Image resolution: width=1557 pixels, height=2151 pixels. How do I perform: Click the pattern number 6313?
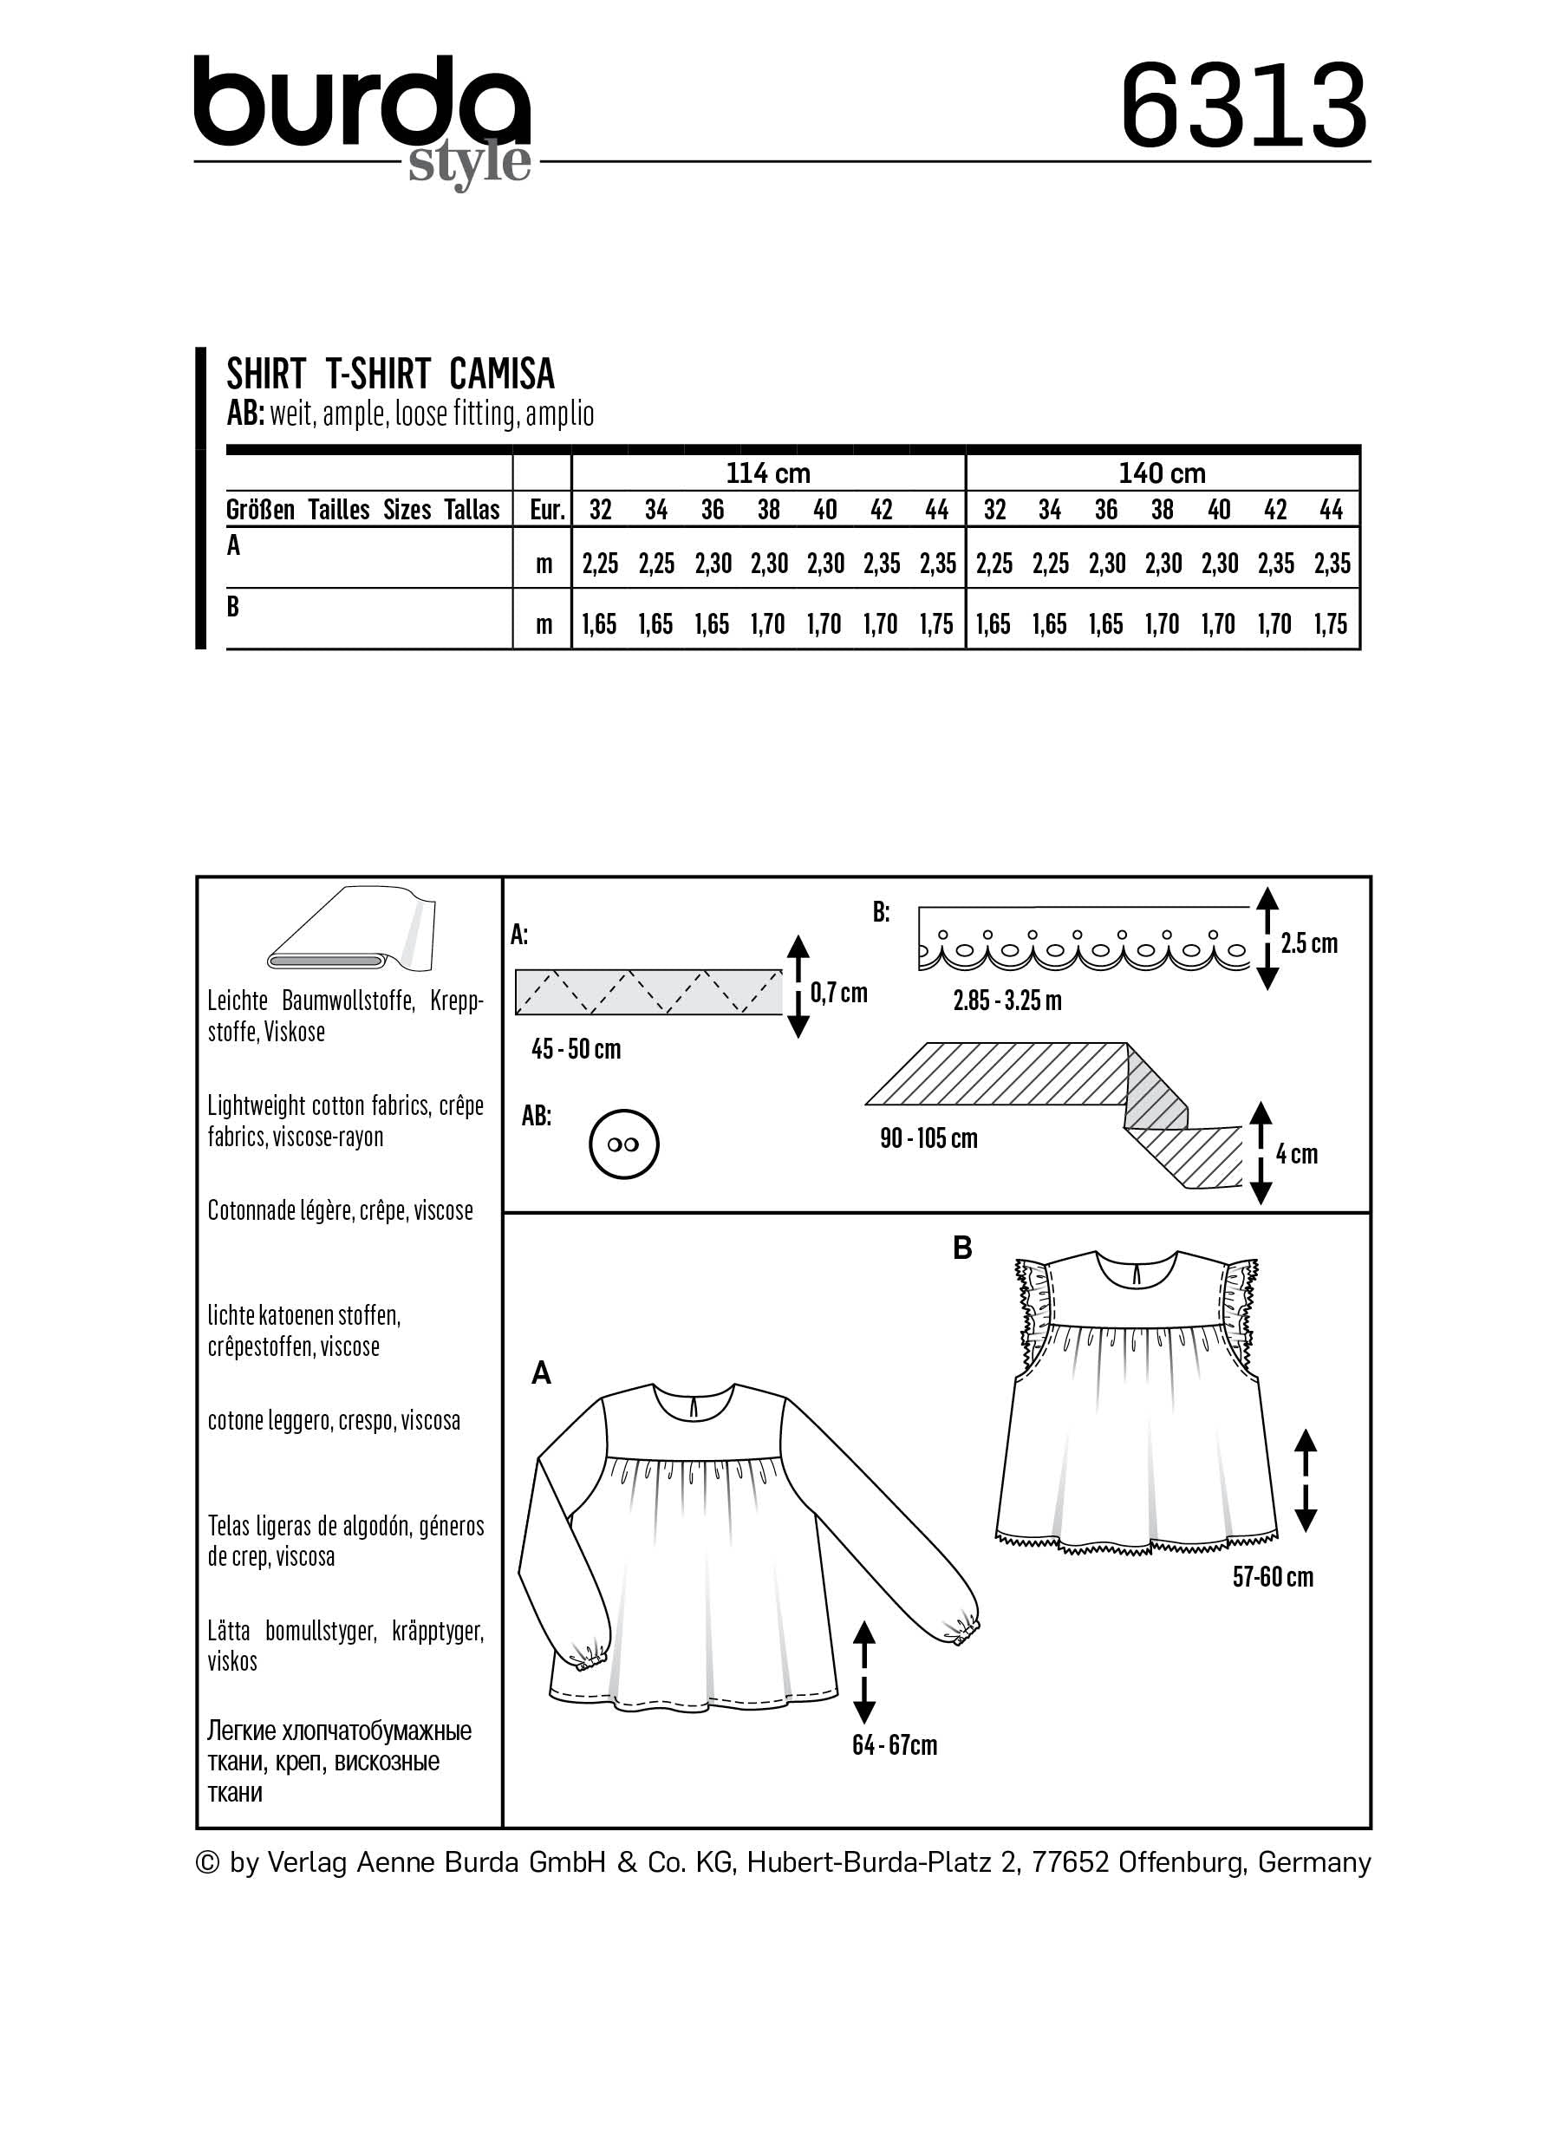(x=1244, y=107)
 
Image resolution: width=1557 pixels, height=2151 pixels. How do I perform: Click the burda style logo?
(x=362, y=119)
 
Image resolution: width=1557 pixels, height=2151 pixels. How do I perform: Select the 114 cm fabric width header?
(x=768, y=473)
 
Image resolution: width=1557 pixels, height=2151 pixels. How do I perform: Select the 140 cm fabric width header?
(x=1162, y=473)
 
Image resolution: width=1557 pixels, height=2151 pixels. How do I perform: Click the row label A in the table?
(x=233, y=545)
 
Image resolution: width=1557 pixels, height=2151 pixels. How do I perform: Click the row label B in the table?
(x=233, y=606)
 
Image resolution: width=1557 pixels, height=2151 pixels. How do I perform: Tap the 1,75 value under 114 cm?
(x=937, y=624)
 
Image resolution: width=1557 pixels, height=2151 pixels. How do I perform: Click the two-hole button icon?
(x=623, y=1144)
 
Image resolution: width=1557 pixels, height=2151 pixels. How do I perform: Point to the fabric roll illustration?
(x=351, y=929)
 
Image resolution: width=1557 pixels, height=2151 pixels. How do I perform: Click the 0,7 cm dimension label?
(x=839, y=993)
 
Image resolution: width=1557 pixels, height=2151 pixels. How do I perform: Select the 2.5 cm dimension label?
(x=1308, y=942)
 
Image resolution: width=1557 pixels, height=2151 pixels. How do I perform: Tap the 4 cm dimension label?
(x=1296, y=1154)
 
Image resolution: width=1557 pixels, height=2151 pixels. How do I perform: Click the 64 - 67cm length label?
(x=894, y=1745)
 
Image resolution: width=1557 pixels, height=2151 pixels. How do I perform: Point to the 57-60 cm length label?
(x=1273, y=1577)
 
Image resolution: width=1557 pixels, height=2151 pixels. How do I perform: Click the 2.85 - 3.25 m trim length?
(x=1007, y=1000)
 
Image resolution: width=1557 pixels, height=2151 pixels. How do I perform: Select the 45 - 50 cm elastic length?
(x=576, y=1049)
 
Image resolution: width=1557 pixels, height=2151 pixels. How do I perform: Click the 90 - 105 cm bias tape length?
(x=928, y=1138)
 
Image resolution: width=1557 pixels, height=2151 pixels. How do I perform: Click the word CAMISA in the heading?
(x=502, y=375)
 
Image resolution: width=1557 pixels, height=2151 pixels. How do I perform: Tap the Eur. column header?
(x=547, y=511)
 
